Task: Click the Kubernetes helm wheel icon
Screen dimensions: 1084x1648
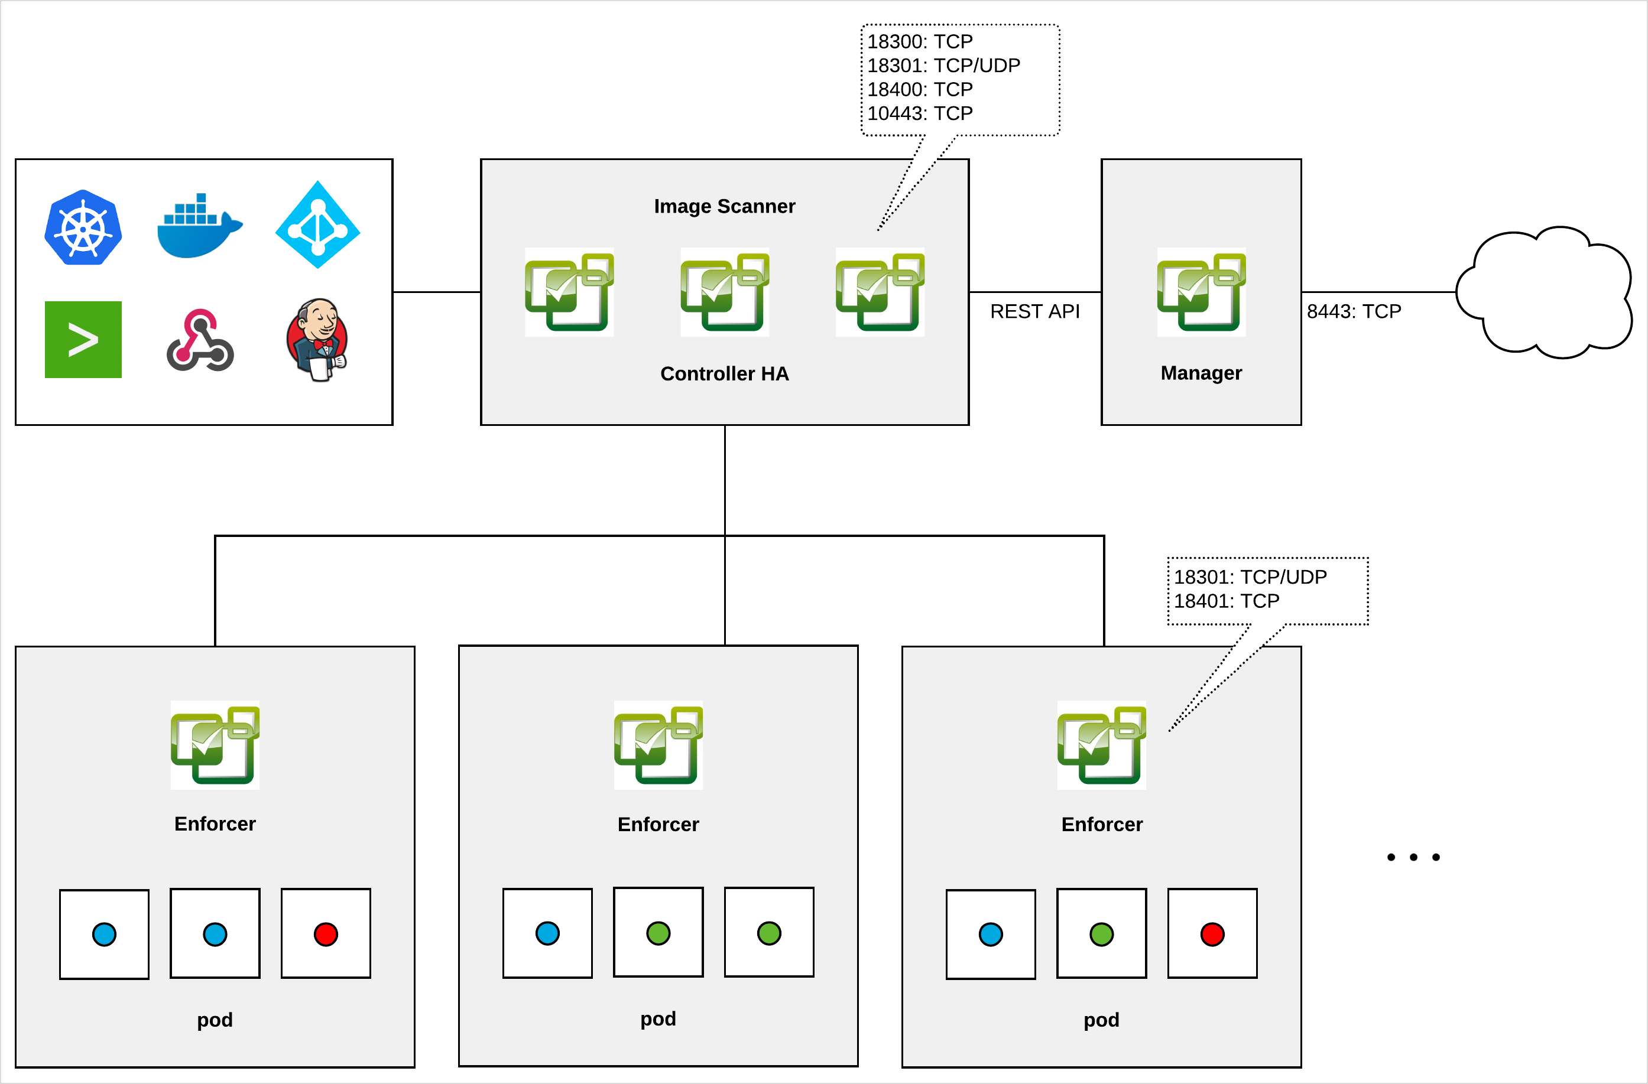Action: click(x=83, y=227)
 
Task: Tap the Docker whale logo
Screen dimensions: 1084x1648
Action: click(x=199, y=226)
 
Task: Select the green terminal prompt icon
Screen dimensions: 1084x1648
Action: click(x=83, y=339)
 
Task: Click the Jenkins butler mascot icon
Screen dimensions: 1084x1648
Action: click(x=317, y=339)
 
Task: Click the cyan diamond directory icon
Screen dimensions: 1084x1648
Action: click(x=318, y=225)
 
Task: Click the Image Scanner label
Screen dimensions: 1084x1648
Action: click(x=724, y=206)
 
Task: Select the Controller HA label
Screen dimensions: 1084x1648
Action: click(x=724, y=374)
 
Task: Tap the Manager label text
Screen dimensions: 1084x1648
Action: click(x=1201, y=373)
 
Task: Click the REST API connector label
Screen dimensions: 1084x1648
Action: click(x=1034, y=311)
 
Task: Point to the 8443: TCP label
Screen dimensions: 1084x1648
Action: click(x=1354, y=311)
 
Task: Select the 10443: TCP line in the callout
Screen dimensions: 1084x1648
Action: click(x=920, y=113)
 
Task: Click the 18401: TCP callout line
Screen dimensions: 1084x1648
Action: click(x=1227, y=601)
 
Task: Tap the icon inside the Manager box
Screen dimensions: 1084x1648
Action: click(x=1201, y=292)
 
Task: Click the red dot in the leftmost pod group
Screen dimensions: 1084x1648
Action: click(x=326, y=934)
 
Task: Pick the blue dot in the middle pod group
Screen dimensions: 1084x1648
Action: click(x=547, y=933)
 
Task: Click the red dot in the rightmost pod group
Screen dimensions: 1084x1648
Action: click(x=1212, y=934)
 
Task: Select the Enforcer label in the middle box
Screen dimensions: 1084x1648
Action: click(x=658, y=825)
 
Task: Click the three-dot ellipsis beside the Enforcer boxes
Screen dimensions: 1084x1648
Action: click(x=1413, y=857)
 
